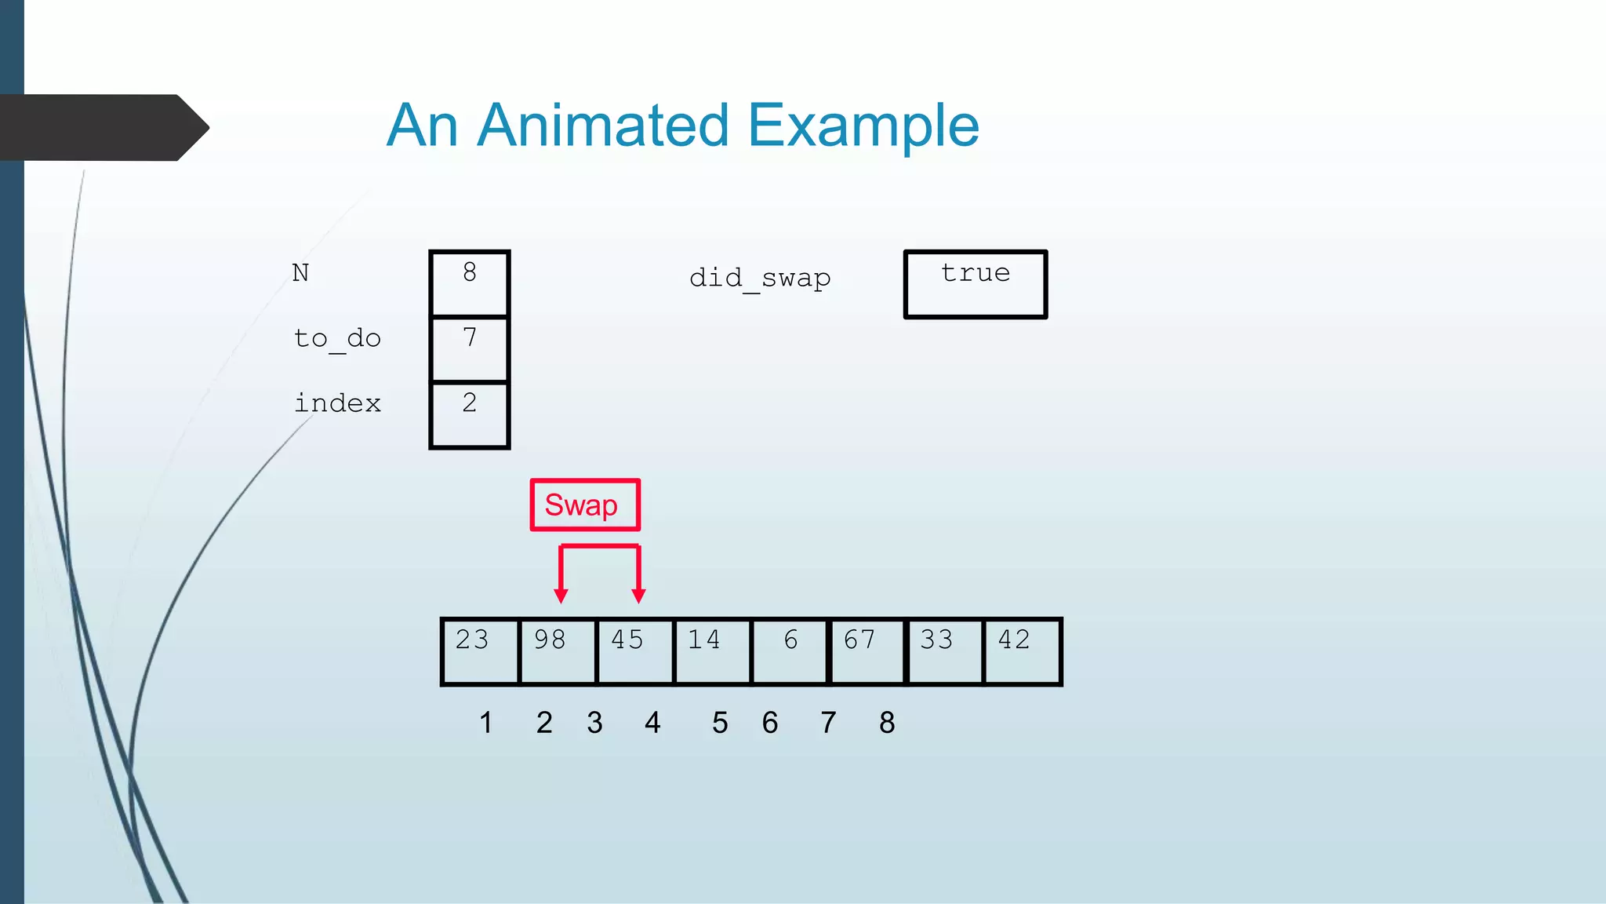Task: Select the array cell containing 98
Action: click(557, 651)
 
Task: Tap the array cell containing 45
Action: click(634, 651)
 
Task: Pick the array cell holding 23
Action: click(480, 651)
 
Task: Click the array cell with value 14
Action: click(711, 651)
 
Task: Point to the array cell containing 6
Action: click(789, 651)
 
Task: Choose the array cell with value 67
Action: click(867, 651)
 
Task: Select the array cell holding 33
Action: click(944, 651)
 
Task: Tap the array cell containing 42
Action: click(1021, 651)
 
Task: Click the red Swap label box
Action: click(585, 505)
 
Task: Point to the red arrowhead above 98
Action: click(561, 596)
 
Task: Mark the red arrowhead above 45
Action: click(638, 596)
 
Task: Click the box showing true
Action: click(976, 284)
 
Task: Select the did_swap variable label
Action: click(760, 279)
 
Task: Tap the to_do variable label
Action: click(337, 339)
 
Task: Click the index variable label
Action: click(337, 403)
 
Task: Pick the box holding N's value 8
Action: click(470, 282)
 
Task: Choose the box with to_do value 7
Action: click(470, 348)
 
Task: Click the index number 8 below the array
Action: click(887, 723)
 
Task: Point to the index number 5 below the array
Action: click(720, 723)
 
